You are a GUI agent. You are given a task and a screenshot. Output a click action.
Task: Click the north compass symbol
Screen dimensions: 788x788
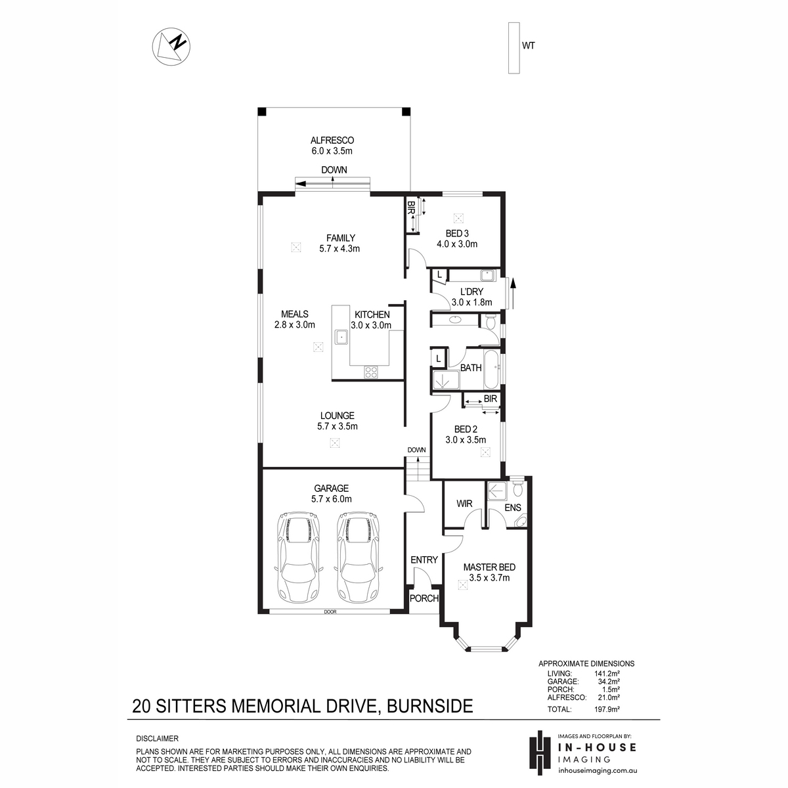(x=171, y=46)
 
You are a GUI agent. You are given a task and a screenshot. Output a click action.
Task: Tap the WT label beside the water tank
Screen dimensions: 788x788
(x=529, y=46)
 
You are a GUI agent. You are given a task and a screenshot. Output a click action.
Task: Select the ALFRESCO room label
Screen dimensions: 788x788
(x=332, y=141)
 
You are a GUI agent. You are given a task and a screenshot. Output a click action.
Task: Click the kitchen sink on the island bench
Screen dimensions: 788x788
(x=341, y=337)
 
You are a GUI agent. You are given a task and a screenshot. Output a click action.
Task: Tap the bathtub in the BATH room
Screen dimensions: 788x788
(x=491, y=369)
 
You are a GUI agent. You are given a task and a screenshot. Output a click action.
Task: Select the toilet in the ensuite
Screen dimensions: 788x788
(x=518, y=488)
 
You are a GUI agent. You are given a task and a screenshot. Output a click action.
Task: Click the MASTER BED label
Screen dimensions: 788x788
(x=489, y=567)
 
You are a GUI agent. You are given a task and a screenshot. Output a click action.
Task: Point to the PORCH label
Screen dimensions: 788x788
(x=424, y=598)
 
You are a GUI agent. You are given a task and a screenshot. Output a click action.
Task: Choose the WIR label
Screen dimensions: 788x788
(x=464, y=504)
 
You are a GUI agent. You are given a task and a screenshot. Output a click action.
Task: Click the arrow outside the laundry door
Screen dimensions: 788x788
(x=514, y=293)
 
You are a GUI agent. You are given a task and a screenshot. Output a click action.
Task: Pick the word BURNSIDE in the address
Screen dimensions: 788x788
(x=429, y=706)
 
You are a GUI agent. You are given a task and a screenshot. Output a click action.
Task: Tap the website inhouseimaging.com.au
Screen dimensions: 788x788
(x=598, y=770)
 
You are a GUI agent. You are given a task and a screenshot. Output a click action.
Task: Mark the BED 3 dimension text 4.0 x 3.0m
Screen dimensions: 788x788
(x=457, y=244)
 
